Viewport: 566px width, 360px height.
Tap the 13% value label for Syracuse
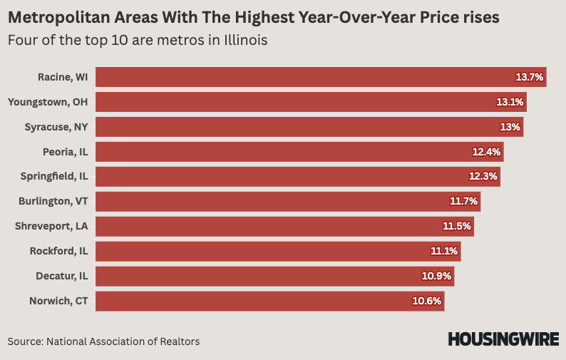[x=510, y=127]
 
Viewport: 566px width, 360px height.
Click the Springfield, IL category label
[x=54, y=176]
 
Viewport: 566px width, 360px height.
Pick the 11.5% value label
[x=457, y=227]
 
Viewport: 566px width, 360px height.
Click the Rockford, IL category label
[x=58, y=251]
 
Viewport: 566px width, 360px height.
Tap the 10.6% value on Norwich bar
[x=428, y=301]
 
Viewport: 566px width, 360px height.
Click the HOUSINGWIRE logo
[x=503, y=339]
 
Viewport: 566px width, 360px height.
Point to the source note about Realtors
[x=104, y=341]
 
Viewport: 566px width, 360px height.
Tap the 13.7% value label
[x=530, y=77]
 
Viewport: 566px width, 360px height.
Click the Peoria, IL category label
[x=65, y=152]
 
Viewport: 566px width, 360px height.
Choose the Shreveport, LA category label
[x=51, y=227]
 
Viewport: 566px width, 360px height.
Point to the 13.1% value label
[x=510, y=102]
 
